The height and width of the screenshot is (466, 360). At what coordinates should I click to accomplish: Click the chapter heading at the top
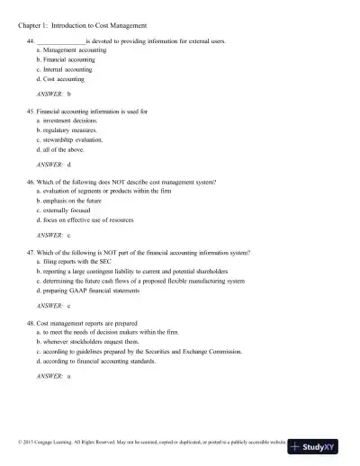(83, 25)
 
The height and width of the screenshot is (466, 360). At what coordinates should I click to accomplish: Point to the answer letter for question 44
(69, 94)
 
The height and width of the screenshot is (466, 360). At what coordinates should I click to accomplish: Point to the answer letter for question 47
(69, 306)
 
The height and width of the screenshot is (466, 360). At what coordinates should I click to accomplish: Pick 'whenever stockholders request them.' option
(94, 342)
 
